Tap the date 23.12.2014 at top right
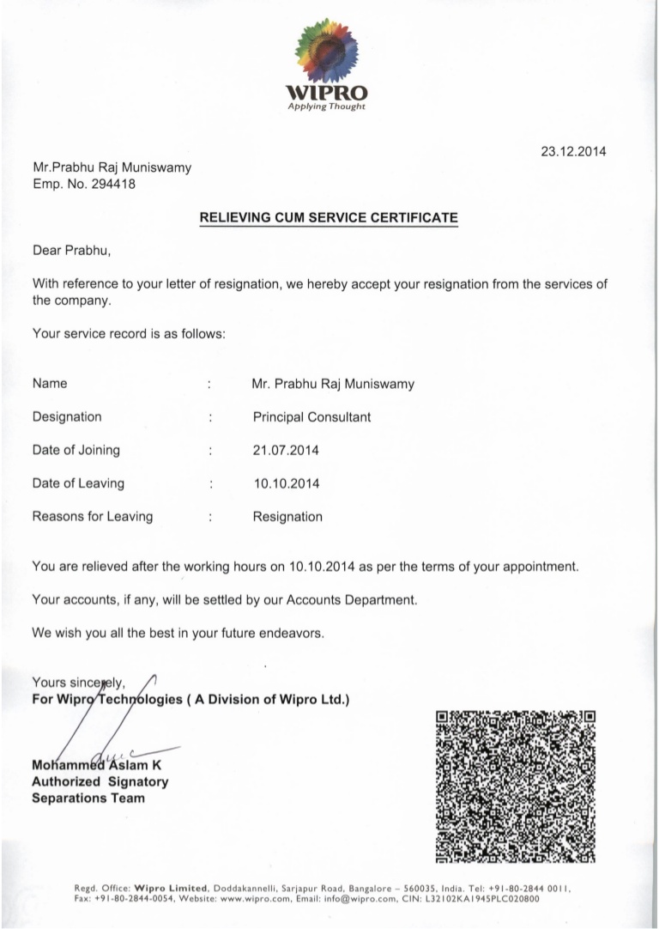[x=572, y=152]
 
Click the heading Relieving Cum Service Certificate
[x=329, y=218]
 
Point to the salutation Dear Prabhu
[x=72, y=252]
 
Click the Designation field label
[x=67, y=416]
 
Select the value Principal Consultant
[x=311, y=416]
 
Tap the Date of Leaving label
[x=78, y=483]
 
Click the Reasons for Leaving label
[x=92, y=517]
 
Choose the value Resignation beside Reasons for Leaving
[x=287, y=517]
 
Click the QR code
[x=516, y=785]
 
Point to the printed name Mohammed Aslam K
[x=96, y=765]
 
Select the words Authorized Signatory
[x=100, y=781]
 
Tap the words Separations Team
[x=88, y=798]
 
